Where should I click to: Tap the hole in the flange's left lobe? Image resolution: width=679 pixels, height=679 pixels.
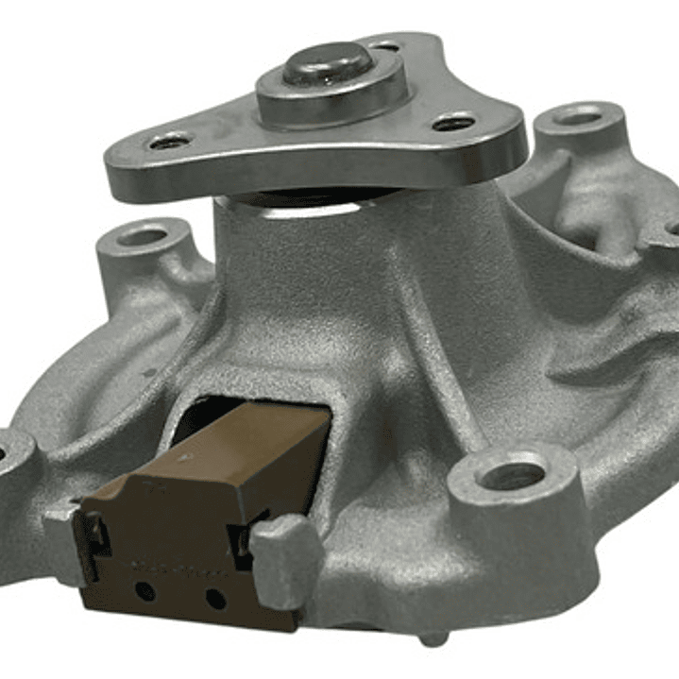[x=170, y=142]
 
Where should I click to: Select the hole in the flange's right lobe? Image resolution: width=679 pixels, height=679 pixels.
[x=454, y=122]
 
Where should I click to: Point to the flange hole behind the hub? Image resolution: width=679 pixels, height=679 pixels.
[x=384, y=45]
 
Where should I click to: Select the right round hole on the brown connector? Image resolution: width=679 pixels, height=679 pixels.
[x=215, y=598]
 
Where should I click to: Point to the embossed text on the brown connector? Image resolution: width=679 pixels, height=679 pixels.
[x=179, y=569]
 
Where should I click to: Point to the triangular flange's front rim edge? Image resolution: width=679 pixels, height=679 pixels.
[x=312, y=178]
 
